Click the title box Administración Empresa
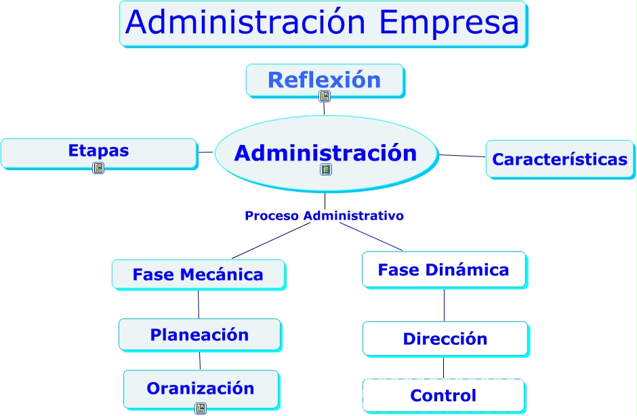pyautogui.click(x=323, y=24)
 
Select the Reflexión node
pyautogui.click(x=325, y=80)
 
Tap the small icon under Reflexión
pyautogui.click(x=325, y=96)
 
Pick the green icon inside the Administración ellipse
pyautogui.click(x=326, y=169)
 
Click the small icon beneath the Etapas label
pyautogui.click(x=98, y=168)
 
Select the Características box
pyautogui.click(x=560, y=159)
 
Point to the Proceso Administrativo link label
pyautogui.click(x=324, y=216)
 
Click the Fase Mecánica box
pyautogui.click(x=198, y=274)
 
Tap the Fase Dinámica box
pyautogui.click(x=443, y=270)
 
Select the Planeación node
pyautogui.click(x=199, y=335)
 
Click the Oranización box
pyautogui.click(x=201, y=389)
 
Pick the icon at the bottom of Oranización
pyautogui.click(x=201, y=408)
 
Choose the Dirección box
pyautogui.click(x=445, y=339)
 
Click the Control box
pyautogui.click(x=443, y=396)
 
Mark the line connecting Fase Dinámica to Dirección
pyautogui.click(x=444, y=305)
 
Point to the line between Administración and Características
pyautogui.click(x=463, y=156)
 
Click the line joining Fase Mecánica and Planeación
pyautogui.click(x=199, y=305)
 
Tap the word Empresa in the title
pyautogui.click(x=450, y=22)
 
